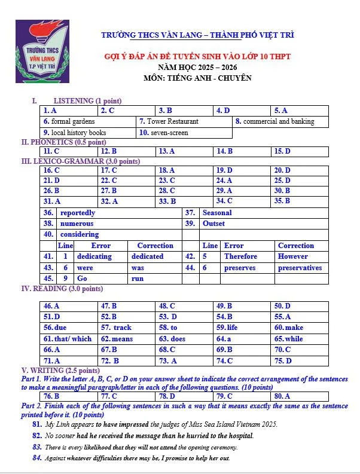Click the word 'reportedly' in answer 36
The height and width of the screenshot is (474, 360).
[x=78, y=213]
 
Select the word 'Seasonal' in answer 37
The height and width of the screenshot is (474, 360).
[x=217, y=213]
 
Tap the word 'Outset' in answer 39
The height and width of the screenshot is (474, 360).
[x=213, y=224]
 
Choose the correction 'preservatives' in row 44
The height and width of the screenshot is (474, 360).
[x=300, y=268]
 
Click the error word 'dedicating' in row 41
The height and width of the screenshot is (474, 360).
[x=94, y=256]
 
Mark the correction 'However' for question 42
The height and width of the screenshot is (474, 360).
[x=293, y=256]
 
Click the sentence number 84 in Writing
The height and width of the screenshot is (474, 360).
[x=37, y=458]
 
